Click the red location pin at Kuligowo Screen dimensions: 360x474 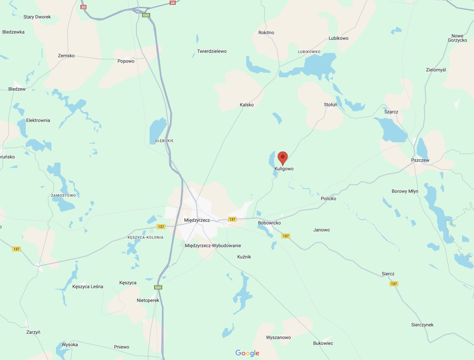point(282,157)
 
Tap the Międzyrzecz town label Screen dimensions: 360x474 point(197,220)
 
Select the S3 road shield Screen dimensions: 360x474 point(83,7)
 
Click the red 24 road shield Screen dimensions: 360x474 point(172,3)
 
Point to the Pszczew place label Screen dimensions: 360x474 point(420,160)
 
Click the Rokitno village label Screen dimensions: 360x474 point(266,33)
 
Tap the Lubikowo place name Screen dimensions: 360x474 point(338,38)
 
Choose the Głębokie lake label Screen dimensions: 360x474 point(164,141)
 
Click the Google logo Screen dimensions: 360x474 point(247,353)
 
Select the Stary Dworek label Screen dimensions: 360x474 point(37,17)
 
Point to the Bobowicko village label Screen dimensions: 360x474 point(269,223)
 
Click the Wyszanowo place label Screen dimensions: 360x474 point(278,337)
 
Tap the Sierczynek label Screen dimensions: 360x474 point(422,325)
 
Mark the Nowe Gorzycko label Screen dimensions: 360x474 point(457,38)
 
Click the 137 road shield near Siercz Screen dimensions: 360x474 point(393,283)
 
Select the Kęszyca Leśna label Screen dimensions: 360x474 point(88,286)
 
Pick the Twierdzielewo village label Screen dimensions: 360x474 point(212,51)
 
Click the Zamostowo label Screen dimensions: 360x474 point(63,195)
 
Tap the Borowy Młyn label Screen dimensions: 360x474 point(405,191)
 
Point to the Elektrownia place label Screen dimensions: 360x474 point(38,120)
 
